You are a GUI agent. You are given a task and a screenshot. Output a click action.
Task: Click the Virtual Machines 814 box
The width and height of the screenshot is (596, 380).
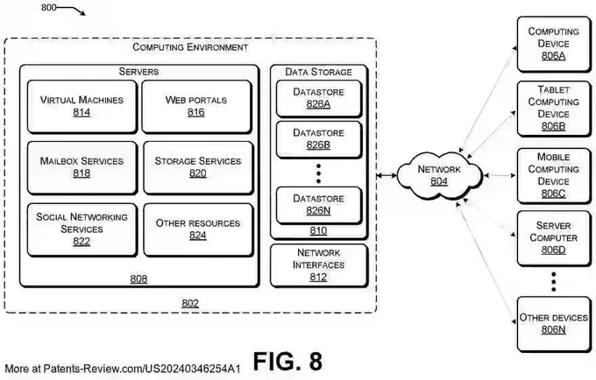pyautogui.click(x=82, y=107)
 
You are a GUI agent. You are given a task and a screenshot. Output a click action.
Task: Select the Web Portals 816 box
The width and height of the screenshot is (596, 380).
pyautogui.click(x=197, y=107)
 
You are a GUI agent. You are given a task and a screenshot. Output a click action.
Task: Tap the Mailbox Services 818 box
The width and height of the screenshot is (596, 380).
pyautogui.click(x=82, y=168)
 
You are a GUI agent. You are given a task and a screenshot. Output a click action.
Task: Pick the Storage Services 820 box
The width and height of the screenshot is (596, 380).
pyautogui.click(x=198, y=168)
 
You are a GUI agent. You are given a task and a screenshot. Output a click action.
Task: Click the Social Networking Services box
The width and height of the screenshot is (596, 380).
pyautogui.click(x=82, y=230)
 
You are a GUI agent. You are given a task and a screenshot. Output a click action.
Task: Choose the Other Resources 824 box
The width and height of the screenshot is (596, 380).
pyautogui.click(x=198, y=230)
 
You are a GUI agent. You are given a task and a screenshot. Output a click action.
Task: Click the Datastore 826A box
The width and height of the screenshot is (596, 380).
pyautogui.click(x=319, y=99)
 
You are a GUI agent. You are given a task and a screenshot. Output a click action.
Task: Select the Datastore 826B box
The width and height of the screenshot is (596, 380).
pyautogui.click(x=319, y=140)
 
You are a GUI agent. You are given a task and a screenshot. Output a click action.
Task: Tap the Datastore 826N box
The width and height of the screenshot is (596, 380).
pyautogui.click(x=319, y=206)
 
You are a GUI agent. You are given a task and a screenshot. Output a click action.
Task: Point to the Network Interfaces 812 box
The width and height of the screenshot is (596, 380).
pyautogui.click(x=319, y=265)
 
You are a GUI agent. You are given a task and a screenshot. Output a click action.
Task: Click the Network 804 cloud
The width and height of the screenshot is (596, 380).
pyautogui.click(x=439, y=175)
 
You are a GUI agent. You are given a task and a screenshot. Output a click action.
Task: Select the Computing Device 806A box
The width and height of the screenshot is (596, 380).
pyautogui.click(x=554, y=44)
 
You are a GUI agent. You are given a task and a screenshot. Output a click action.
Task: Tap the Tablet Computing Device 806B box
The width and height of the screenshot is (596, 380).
pyautogui.click(x=554, y=109)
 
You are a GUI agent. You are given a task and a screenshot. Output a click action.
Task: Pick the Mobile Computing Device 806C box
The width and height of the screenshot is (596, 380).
pyautogui.click(x=554, y=176)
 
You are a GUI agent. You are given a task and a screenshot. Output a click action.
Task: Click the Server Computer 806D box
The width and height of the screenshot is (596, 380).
pyautogui.click(x=554, y=238)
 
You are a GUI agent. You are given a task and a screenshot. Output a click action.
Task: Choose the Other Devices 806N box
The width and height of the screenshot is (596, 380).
pyautogui.click(x=554, y=324)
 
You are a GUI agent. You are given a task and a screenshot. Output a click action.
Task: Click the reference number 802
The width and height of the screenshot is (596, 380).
pyautogui.click(x=190, y=303)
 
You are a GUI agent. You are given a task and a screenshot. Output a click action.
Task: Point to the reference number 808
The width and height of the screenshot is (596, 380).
pyautogui.click(x=138, y=279)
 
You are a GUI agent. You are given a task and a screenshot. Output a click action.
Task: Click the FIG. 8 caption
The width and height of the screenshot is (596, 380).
pyautogui.click(x=287, y=361)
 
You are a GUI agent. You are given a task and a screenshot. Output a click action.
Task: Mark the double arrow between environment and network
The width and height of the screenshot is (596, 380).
pyautogui.click(x=387, y=175)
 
